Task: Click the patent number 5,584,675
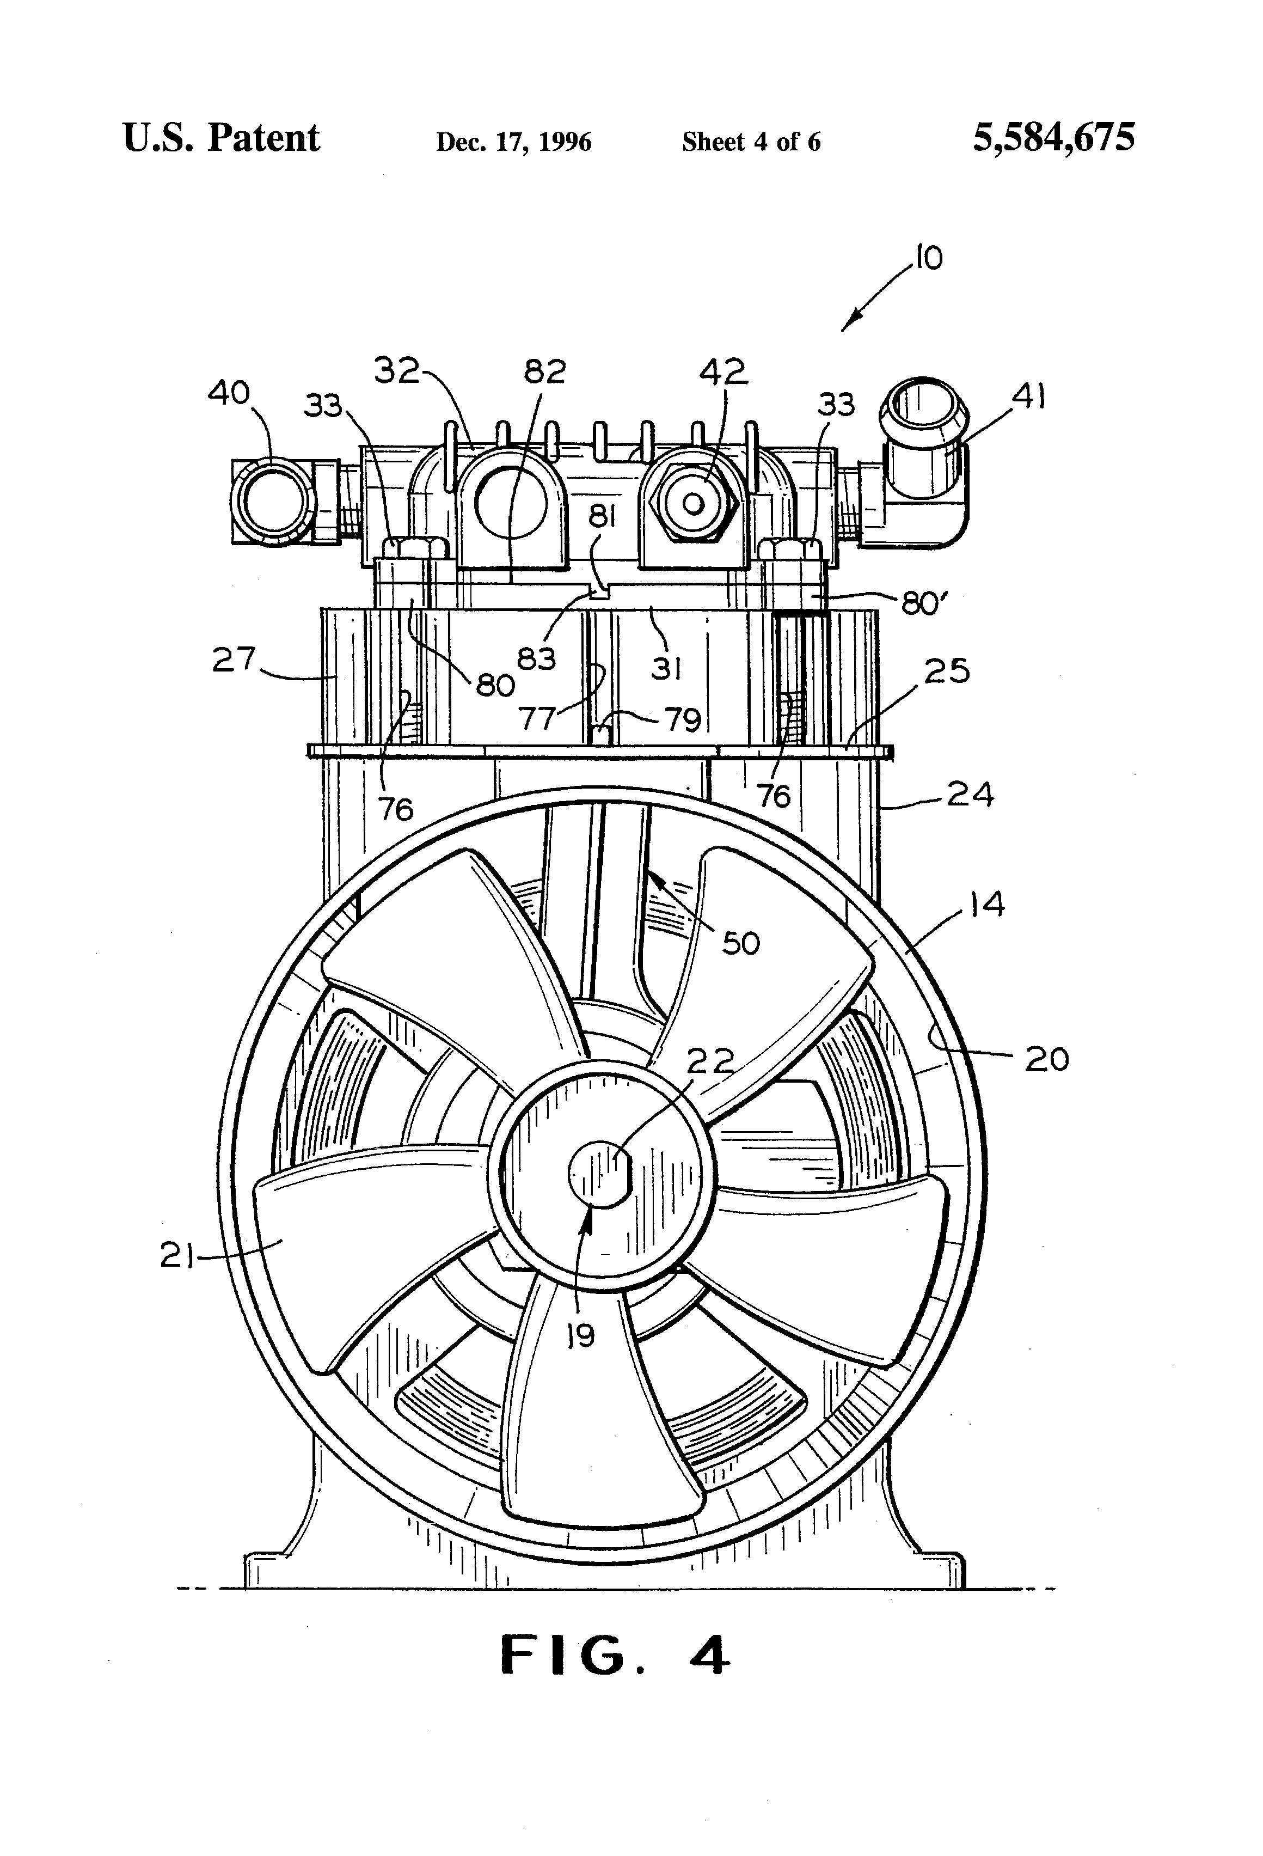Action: [x=1053, y=138]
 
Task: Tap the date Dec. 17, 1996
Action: [x=513, y=142]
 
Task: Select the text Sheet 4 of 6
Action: [x=751, y=142]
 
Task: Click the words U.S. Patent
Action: [x=221, y=138]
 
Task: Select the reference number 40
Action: [x=229, y=393]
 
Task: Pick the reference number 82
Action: [x=545, y=372]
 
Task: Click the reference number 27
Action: [x=233, y=660]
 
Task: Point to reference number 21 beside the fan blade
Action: [x=178, y=1256]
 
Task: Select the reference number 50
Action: [x=740, y=943]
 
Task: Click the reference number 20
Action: [x=1046, y=1060]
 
